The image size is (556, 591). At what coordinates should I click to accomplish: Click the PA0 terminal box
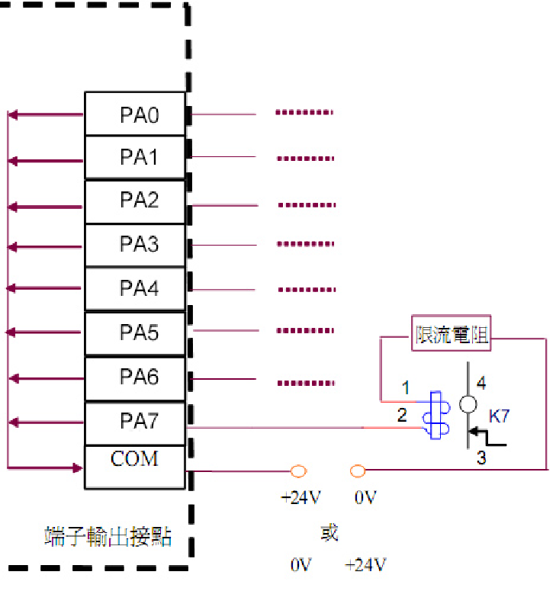coord(135,114)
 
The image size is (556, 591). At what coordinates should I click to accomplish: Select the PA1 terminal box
coord(135,158)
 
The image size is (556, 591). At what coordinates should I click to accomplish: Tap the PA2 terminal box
coord(135,201)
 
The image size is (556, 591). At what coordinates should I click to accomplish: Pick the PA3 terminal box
coord(135,245)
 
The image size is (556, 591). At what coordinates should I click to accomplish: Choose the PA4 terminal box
coord(135,288)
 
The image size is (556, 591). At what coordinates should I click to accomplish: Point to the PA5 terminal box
coord(135,332)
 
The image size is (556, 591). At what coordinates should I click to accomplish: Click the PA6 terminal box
coord(135,377)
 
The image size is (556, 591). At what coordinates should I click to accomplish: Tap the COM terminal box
coord(135,466)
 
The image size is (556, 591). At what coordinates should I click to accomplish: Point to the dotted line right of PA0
coord(304,114)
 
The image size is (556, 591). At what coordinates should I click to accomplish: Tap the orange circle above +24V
coord(299,471)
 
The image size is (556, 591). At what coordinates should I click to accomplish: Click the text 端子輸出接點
coord(108,537)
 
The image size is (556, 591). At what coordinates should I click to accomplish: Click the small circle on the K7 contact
coord(468,404)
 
